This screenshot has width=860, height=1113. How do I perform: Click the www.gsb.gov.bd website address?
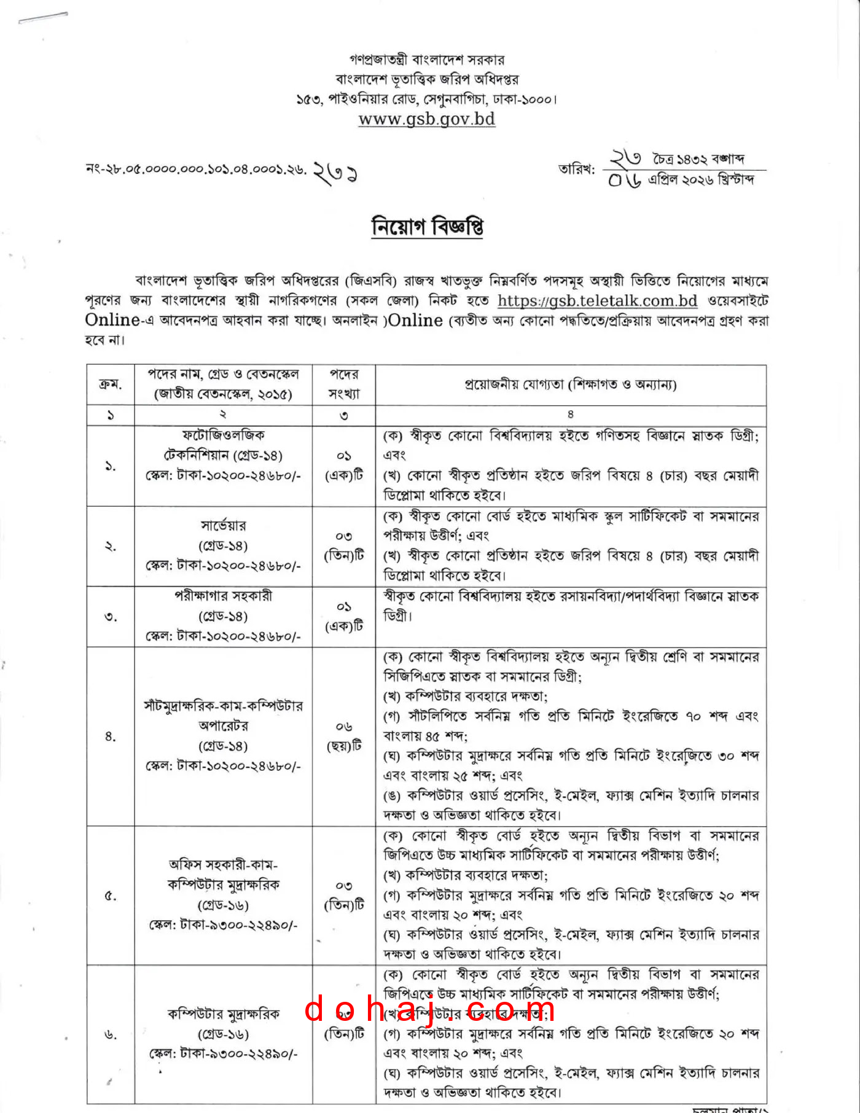(426, 119)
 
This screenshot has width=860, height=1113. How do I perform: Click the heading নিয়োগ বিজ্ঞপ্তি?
(427, 227)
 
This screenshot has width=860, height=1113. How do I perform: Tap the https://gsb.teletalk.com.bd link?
(597, 301)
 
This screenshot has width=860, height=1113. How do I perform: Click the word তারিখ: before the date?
(576, 169)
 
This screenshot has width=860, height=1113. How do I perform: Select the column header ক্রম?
(111, 385)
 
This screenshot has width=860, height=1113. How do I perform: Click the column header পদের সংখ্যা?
(344, 384)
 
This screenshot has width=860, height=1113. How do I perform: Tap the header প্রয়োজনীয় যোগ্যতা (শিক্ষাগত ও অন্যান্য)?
(571, 385)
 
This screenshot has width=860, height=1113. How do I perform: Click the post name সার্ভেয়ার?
(223, 526)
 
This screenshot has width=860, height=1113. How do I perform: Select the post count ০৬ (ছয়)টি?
(344, 736)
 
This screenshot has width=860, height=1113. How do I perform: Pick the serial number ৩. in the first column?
(111, 617)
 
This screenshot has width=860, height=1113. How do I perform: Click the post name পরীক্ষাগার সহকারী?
(223, 596)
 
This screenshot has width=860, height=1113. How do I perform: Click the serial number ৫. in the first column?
(111, 896)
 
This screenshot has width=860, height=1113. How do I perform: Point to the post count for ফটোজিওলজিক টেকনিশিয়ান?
(344, 465)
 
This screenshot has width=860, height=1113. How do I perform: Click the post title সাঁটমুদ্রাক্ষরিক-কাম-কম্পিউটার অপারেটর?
(223, 716)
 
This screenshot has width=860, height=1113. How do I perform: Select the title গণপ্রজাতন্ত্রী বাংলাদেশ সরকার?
(427, 60)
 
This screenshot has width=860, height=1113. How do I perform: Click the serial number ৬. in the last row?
(111, 1035)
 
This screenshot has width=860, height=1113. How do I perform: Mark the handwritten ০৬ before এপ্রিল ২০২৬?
(625, 180)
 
